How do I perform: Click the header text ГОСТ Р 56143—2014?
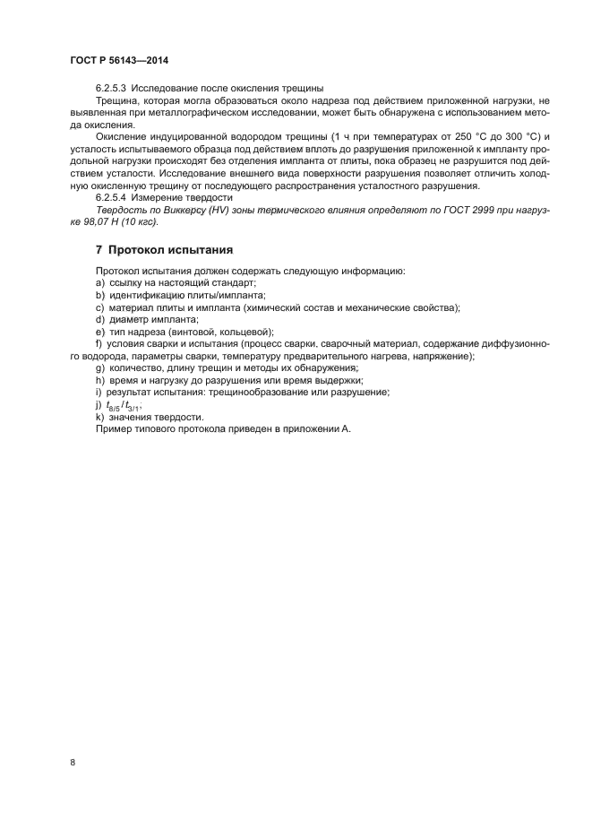pyautogui.click(x=118, y=60)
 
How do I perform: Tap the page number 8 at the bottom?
pyautogui.click(x=72, y=762)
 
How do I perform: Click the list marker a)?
pyautogui.click(x=99, y=282)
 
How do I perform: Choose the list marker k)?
pyautogui.click(x=99, y=418)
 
